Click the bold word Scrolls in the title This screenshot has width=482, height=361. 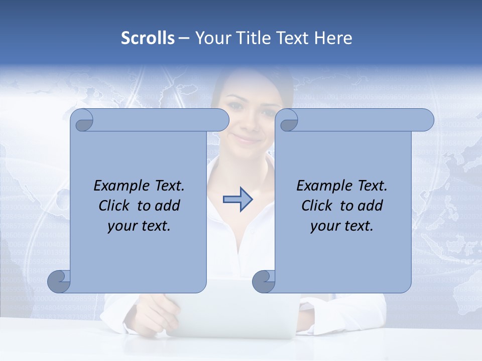[148, 38]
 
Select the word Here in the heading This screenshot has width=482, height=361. [333, 38]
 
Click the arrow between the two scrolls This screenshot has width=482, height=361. [237, 200]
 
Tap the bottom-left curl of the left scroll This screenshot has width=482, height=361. [59, 281]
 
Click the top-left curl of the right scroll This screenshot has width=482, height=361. [288, 120]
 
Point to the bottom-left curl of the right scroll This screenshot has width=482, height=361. [264, 281]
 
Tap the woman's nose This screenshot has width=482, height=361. [246, 123]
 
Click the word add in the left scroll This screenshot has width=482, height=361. [168, 206]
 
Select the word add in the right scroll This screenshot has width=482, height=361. [371, 206]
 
